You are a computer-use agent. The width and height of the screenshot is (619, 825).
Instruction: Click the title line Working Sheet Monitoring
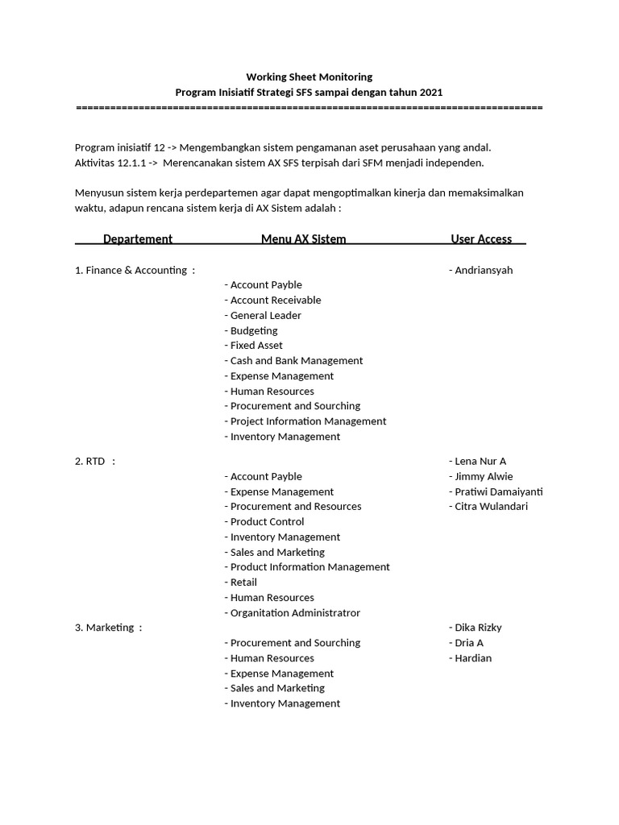coord(309,77)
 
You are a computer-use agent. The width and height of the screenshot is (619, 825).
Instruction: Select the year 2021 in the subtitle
coord(430,93)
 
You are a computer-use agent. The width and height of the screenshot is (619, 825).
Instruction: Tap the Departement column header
coord(138,238)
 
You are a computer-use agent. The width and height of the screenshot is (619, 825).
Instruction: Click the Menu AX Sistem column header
coord(303,238)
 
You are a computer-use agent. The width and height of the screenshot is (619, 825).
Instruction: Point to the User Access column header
coord(481,238)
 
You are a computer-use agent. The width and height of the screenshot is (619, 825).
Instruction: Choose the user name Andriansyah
coord(483,270)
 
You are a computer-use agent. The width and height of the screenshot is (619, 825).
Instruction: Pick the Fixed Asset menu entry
coord(255,345)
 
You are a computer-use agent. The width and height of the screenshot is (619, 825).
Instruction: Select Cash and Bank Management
coord(296,360)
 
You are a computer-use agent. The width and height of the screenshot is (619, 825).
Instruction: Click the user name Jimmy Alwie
coord(483,476)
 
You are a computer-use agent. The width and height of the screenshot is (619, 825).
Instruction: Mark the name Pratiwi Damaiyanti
coord(498,491)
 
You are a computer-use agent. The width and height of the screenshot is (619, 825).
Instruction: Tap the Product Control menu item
coord(267,521)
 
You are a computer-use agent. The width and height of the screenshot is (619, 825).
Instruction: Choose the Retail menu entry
coord(243,582)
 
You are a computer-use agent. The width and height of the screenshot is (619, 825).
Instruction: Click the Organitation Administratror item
coord(294,612)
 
